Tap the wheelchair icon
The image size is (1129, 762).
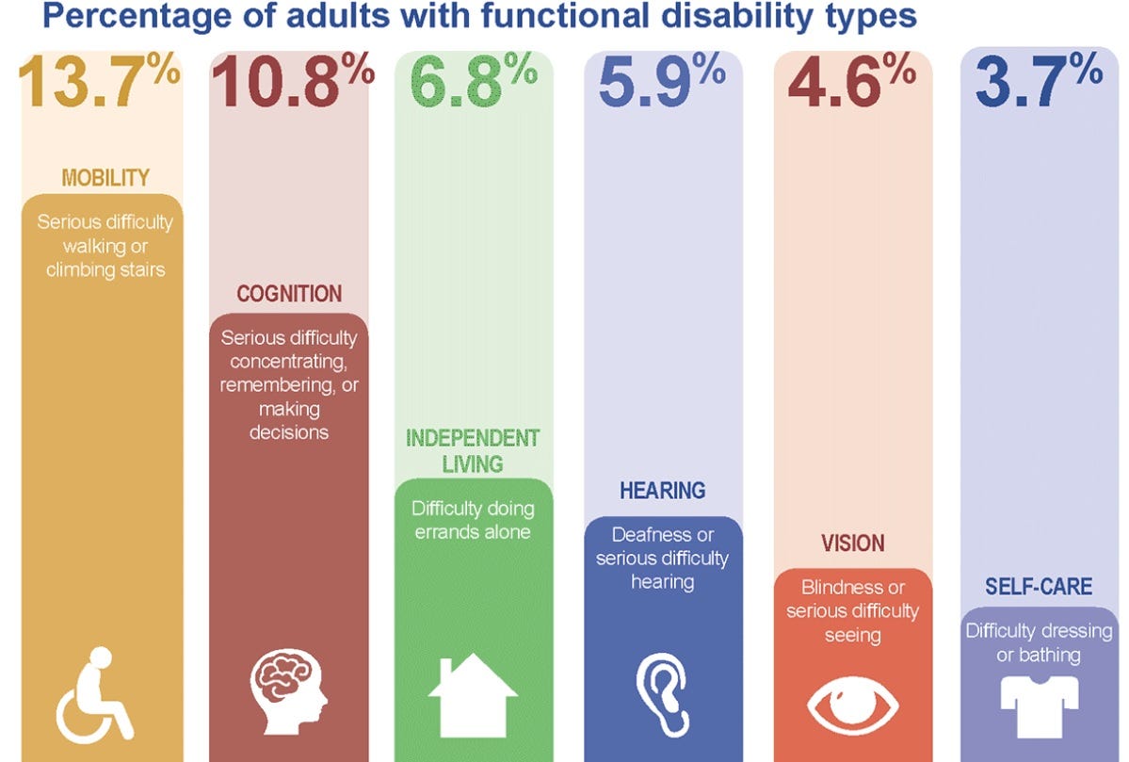[x=95, y=692]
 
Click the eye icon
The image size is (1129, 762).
[x=853, y=707]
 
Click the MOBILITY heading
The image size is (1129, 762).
[x=105, y=177]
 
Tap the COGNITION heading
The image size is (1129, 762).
[x=289, y=294]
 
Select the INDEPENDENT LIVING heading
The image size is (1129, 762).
[x=473, y=450]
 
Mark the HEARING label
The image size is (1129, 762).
[x=663, y=491]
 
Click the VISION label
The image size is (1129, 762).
[x=853, y=543]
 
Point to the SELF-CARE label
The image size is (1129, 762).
[x=1039, y=587]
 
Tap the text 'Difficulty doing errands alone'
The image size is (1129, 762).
[x=473, y=520]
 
